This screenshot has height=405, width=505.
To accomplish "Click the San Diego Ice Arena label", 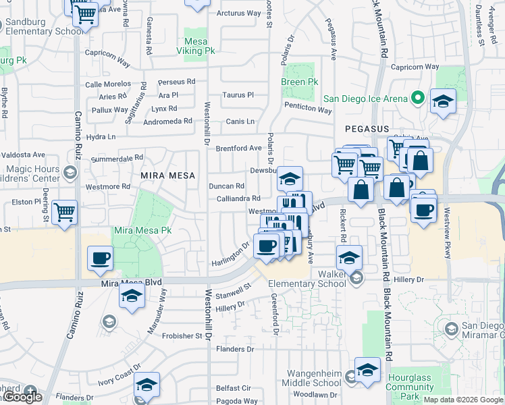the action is tap(365, 99).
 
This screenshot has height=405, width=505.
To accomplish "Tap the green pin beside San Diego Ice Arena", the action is tap(418, 99).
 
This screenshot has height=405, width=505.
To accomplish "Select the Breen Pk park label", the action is tap(300, 82).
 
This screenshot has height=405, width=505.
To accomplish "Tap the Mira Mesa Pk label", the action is tap(142, 230).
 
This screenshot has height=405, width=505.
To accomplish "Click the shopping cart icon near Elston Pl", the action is tap(65, 212).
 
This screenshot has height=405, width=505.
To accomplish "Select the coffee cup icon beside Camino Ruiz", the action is tap(100, 258).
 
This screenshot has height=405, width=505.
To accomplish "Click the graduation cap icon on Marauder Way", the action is tap(132, 296).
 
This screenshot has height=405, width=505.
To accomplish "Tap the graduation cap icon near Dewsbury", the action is tap(290, 178).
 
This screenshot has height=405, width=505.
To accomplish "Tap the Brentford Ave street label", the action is tap(238, 148).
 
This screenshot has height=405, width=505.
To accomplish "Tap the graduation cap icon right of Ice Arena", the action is tap(443, 103).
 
